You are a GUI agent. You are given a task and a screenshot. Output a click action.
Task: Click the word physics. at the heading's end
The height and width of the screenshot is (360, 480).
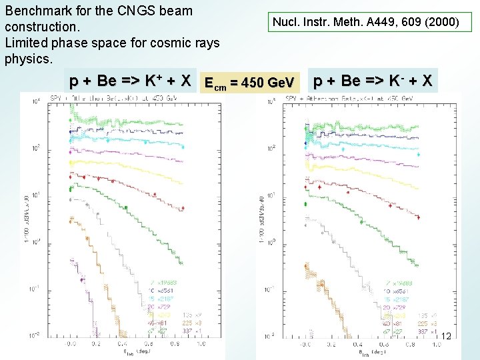tap(28, 59)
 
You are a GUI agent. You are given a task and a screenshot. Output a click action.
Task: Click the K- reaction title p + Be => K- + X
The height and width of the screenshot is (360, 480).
tap(373, 81)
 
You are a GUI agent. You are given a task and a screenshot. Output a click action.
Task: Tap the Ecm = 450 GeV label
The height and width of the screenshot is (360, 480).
tap(249, 83)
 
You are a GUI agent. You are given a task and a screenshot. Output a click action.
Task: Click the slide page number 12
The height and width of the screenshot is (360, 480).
tap(446, 337)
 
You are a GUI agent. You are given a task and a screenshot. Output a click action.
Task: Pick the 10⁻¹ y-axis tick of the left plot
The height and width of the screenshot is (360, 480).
tap(32, 289)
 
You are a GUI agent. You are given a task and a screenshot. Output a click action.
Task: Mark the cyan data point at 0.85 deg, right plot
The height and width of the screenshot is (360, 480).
tap(419, 153)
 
